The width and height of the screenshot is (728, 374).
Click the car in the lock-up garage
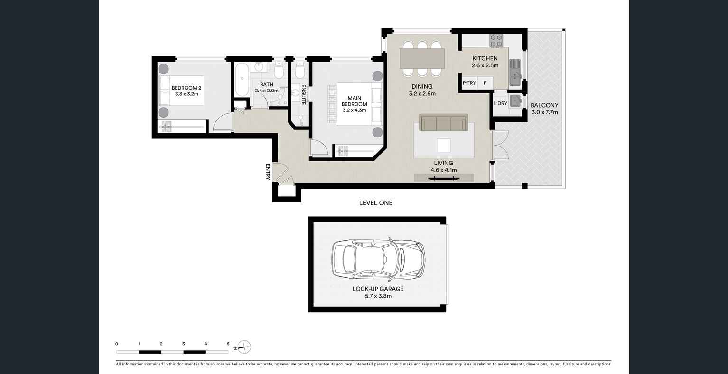point(378,259)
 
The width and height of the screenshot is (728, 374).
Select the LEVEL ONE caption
point(375,203)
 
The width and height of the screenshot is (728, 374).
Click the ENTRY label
point(268,172)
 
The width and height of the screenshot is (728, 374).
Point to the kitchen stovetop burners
point(496,41)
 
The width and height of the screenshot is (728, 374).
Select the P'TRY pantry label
point(469,83)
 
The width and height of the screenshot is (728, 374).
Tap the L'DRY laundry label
point(500,103)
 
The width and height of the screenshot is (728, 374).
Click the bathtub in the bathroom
point(242,79)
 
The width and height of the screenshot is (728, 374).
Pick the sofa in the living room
point(443,122)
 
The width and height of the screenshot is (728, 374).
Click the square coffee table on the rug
point(444,145)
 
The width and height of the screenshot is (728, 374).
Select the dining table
point(422,59)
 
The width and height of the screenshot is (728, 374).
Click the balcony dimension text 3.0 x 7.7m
point(544,112)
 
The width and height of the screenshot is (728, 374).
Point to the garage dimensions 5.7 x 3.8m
point(378,296)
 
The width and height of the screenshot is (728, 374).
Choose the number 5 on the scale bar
point(228,344)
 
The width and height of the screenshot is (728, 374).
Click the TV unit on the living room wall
point(443,178)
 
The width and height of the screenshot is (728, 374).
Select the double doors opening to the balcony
point(500,145)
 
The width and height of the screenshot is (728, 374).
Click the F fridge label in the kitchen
point(485,83)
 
